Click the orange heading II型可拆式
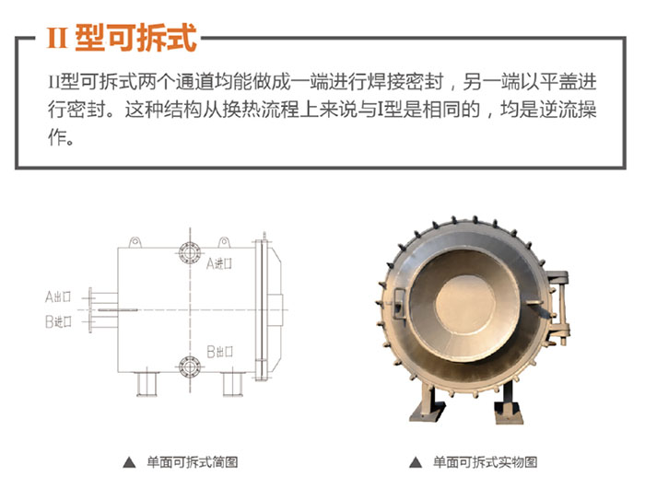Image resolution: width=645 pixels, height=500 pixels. [x=122, y=38]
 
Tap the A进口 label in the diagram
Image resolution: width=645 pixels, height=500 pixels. [x=219, y=263]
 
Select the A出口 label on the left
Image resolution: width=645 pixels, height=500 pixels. [x=58, y=297]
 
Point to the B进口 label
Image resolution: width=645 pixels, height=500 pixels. [x=58, y=321]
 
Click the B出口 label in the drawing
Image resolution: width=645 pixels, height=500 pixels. [x=219, y=352]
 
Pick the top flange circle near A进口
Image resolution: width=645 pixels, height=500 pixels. [x=190, y=253]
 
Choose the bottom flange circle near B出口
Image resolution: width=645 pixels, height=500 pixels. [x=190, y=366]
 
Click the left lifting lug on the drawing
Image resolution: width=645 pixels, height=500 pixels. [x=135, y=242]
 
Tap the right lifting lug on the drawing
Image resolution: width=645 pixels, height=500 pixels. [x=224, y=242]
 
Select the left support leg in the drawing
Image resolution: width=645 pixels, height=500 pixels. [x=147, y=385]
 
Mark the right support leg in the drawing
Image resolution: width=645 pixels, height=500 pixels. [x=233, y=385]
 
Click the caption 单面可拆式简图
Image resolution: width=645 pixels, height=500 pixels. [x=193, y=462]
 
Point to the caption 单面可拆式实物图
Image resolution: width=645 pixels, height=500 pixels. [x=486, y=462]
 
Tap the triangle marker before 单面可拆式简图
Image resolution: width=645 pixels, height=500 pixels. [x=129, y=462]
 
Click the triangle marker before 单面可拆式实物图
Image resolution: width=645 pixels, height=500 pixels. [x=416, y=462]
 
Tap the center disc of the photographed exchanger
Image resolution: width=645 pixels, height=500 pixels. [x=464, y=304]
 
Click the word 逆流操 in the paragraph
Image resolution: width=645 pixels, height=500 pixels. [x=569, y=110]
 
